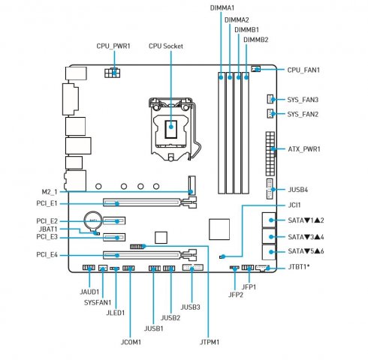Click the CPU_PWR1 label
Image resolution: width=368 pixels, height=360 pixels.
[x=113, y=46]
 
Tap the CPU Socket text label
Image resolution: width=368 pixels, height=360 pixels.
[x=166, y=46]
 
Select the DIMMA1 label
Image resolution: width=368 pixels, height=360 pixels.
[x=222, y=8]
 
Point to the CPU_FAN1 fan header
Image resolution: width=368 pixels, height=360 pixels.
[x=255, y=69]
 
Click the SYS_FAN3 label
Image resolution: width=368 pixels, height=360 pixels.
[x=303, y=100]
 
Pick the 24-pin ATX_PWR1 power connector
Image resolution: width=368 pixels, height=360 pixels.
[x=270, y=154]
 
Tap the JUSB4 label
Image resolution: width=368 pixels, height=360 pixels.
[x=298, y=190]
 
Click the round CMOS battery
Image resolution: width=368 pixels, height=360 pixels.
[x=93, y=220]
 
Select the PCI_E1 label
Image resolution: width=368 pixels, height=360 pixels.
[x=47, y=203]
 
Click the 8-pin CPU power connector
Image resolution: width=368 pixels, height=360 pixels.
[x=112, y=73]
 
